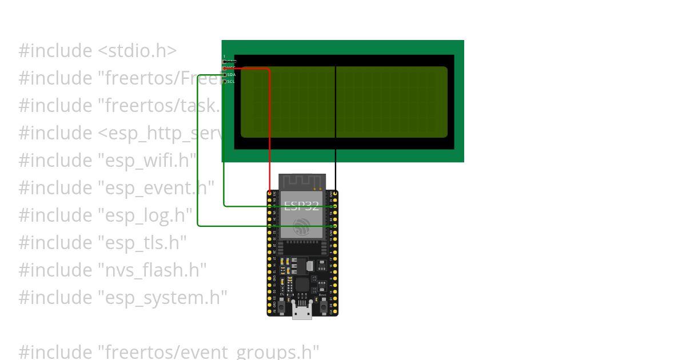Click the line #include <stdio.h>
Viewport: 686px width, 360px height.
click(97, 51)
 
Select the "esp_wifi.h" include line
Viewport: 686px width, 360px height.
click(107, 161)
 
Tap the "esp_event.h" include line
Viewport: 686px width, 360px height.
click(117, 188)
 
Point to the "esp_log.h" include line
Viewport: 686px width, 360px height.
click(106, 215)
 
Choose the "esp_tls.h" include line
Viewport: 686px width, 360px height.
click(103, 243)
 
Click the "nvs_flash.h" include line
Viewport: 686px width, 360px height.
click(113, 270)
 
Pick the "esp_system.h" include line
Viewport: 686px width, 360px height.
click(123, 298)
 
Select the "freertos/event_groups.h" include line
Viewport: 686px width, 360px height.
click(169, 351)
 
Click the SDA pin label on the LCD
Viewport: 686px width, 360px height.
click(231, 75)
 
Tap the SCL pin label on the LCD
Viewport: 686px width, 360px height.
click(231, 82)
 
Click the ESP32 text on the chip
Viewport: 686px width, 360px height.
click(301, 206)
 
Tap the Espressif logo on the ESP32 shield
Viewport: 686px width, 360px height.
click(301, 227)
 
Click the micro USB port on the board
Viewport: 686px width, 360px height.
click(302, 311)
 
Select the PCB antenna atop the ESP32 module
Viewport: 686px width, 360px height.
click(302, 182)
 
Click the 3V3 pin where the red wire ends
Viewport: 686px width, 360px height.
click(269, 194)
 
